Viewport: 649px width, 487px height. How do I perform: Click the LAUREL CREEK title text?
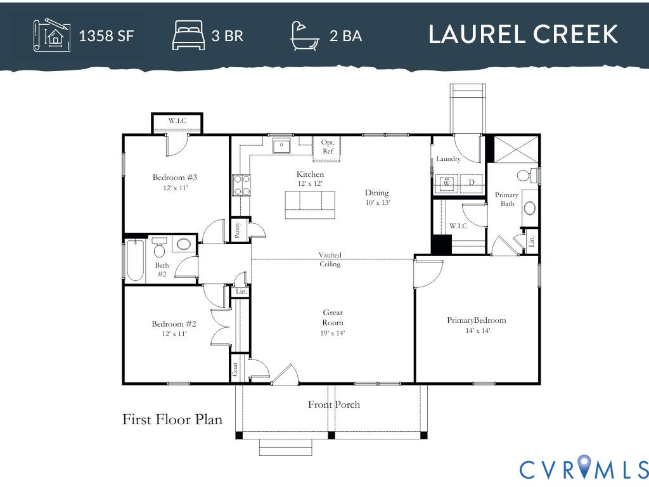point(523,35)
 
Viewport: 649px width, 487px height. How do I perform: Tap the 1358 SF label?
point(106,36)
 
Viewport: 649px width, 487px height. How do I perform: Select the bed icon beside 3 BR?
point(188,35)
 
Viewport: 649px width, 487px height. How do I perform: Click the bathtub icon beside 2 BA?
point(305,36)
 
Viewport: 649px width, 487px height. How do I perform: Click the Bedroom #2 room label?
point(169,324)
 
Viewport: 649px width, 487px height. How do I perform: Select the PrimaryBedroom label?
point(477,320)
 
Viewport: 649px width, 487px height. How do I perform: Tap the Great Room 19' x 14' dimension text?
point(333,333)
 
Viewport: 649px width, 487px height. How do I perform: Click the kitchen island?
point(310,205)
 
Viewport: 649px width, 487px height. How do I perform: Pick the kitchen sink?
point(281,146)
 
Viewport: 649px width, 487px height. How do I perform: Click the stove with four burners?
point(241,185)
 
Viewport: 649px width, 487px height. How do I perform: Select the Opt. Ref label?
point(328,146)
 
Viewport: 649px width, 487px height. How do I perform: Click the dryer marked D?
point(472,183)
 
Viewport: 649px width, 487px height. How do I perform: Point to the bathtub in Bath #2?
point(136,261)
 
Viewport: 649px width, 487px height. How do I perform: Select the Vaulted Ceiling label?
point(330,259)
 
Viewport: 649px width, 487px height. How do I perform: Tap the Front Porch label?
point(334,405)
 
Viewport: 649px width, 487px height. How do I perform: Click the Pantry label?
point(237,229)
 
